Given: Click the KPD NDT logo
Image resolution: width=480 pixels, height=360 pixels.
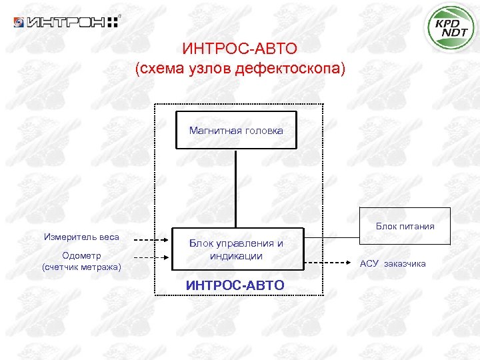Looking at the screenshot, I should point(451,28).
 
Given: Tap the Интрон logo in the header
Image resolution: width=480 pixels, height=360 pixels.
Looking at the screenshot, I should point(66,22).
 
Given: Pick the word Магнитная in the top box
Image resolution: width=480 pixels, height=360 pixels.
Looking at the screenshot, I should point(211,131).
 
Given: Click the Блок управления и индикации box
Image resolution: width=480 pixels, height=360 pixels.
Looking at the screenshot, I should point(236,250).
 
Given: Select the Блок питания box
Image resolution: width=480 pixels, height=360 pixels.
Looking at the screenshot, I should point(405,227).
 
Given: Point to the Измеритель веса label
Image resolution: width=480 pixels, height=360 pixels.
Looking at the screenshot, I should point(81,237).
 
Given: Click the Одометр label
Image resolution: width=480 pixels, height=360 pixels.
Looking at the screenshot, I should point(81,255).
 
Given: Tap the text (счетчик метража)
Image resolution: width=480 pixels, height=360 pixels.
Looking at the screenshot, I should point(81,267).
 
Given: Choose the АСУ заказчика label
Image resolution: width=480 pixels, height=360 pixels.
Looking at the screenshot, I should point(393,263).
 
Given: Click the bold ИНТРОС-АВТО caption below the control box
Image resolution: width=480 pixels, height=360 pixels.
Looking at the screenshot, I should point(235,285).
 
